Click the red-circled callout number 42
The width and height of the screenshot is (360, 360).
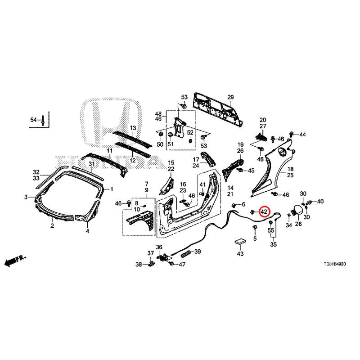coord(264,211)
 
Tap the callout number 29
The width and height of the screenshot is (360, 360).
coord(230,98)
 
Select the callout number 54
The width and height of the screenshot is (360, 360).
coord(33,120)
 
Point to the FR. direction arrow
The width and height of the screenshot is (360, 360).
coord(15,260)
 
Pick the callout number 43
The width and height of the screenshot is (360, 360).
coord(240,254)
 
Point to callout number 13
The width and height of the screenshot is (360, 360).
coord(133,128)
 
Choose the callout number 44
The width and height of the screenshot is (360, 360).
coord(302,135)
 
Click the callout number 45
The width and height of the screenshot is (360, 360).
coord(251,171)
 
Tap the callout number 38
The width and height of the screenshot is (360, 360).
coord(139,264)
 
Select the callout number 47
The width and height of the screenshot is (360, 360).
coord(182,264)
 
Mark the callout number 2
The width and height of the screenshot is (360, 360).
coord(52,226)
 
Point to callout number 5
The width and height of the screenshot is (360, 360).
coord(255,238)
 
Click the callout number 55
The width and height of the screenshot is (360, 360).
coord(271,230)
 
